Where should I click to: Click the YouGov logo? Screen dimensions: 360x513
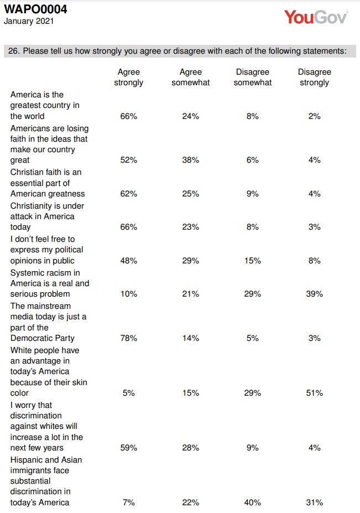[x=316, y=17]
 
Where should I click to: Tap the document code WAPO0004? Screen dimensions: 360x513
[x=35, y=9]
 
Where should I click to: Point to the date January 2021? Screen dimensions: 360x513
[x=29, y=21]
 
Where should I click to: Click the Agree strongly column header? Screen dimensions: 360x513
[x=128, y=77]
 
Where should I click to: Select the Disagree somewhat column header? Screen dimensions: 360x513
[x=252, y=77]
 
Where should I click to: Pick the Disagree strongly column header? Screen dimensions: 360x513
[x=315, y=77]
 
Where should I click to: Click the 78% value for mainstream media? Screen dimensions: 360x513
[x=128, y=338]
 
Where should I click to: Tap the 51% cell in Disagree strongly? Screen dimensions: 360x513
[x=315, y=392]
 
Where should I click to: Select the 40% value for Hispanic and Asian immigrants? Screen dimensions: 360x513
[x=252, y=502]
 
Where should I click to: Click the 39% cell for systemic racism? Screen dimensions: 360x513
[x=315, y=294]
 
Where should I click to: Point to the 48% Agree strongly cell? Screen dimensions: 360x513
[x=128, y=261]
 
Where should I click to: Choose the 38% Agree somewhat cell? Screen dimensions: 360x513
[x=191, y=160]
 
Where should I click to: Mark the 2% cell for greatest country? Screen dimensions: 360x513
[x=315, y=116]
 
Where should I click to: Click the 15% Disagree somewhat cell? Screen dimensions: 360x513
[x=252, y=261]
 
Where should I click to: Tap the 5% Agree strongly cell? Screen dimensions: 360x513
[x=128, y=392]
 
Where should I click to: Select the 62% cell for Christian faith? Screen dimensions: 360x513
[x=128, y=194]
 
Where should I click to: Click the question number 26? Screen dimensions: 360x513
[x=14, y=51]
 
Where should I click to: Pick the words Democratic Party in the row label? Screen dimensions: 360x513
[x=43, y=338]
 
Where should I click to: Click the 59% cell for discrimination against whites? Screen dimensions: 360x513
[x=128, y=448]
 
